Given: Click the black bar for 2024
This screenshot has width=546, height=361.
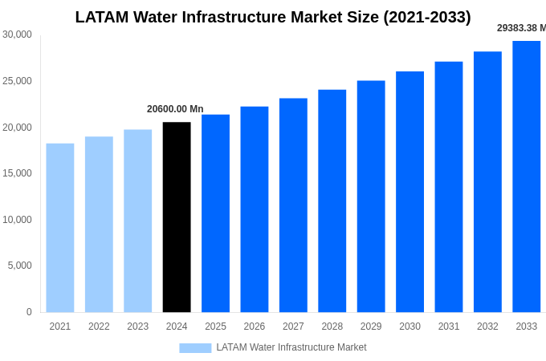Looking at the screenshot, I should click(x=177, y=217).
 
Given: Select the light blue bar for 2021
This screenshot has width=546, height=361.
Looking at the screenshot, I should click(x=60, y=228).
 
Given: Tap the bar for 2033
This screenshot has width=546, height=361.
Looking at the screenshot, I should click(x=526, y=176).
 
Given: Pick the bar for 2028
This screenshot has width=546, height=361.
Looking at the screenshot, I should click(x=332, y=201).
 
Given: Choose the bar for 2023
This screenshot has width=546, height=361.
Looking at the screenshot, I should click(x=137, y=221).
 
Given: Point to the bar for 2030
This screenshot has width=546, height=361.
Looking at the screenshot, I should click(x=409, y=192).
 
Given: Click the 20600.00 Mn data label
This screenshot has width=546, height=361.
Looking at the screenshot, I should click(x=175, y=109).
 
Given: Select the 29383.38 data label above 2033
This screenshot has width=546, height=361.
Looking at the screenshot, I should click(x=521, y=28).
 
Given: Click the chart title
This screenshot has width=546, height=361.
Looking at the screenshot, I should click(x=273, y=17).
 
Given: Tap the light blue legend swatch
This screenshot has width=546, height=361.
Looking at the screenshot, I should click(x=195, y=348).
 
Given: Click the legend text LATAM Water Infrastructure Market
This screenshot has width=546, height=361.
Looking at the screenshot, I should click(x=291, y=347).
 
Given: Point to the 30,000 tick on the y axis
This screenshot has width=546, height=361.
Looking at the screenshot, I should click(x=17, y=34).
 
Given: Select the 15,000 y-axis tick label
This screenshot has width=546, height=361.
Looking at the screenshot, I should click(x=17, y=173).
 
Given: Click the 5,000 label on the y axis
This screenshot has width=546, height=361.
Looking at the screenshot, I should click(x=19, y=266).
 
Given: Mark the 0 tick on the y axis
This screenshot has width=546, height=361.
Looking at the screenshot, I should click(x=29, y=312).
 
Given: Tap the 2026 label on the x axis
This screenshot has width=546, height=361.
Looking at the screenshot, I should click(x=255, y=327).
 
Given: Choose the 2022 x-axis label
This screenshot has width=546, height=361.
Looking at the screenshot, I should click(x=99, y=327).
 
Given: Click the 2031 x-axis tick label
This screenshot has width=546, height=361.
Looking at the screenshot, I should click(x=449, y=327).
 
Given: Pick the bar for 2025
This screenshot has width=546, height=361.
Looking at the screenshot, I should click(x=215, y=213).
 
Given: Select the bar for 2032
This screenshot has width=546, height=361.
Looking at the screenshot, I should click(x=487, y=182).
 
